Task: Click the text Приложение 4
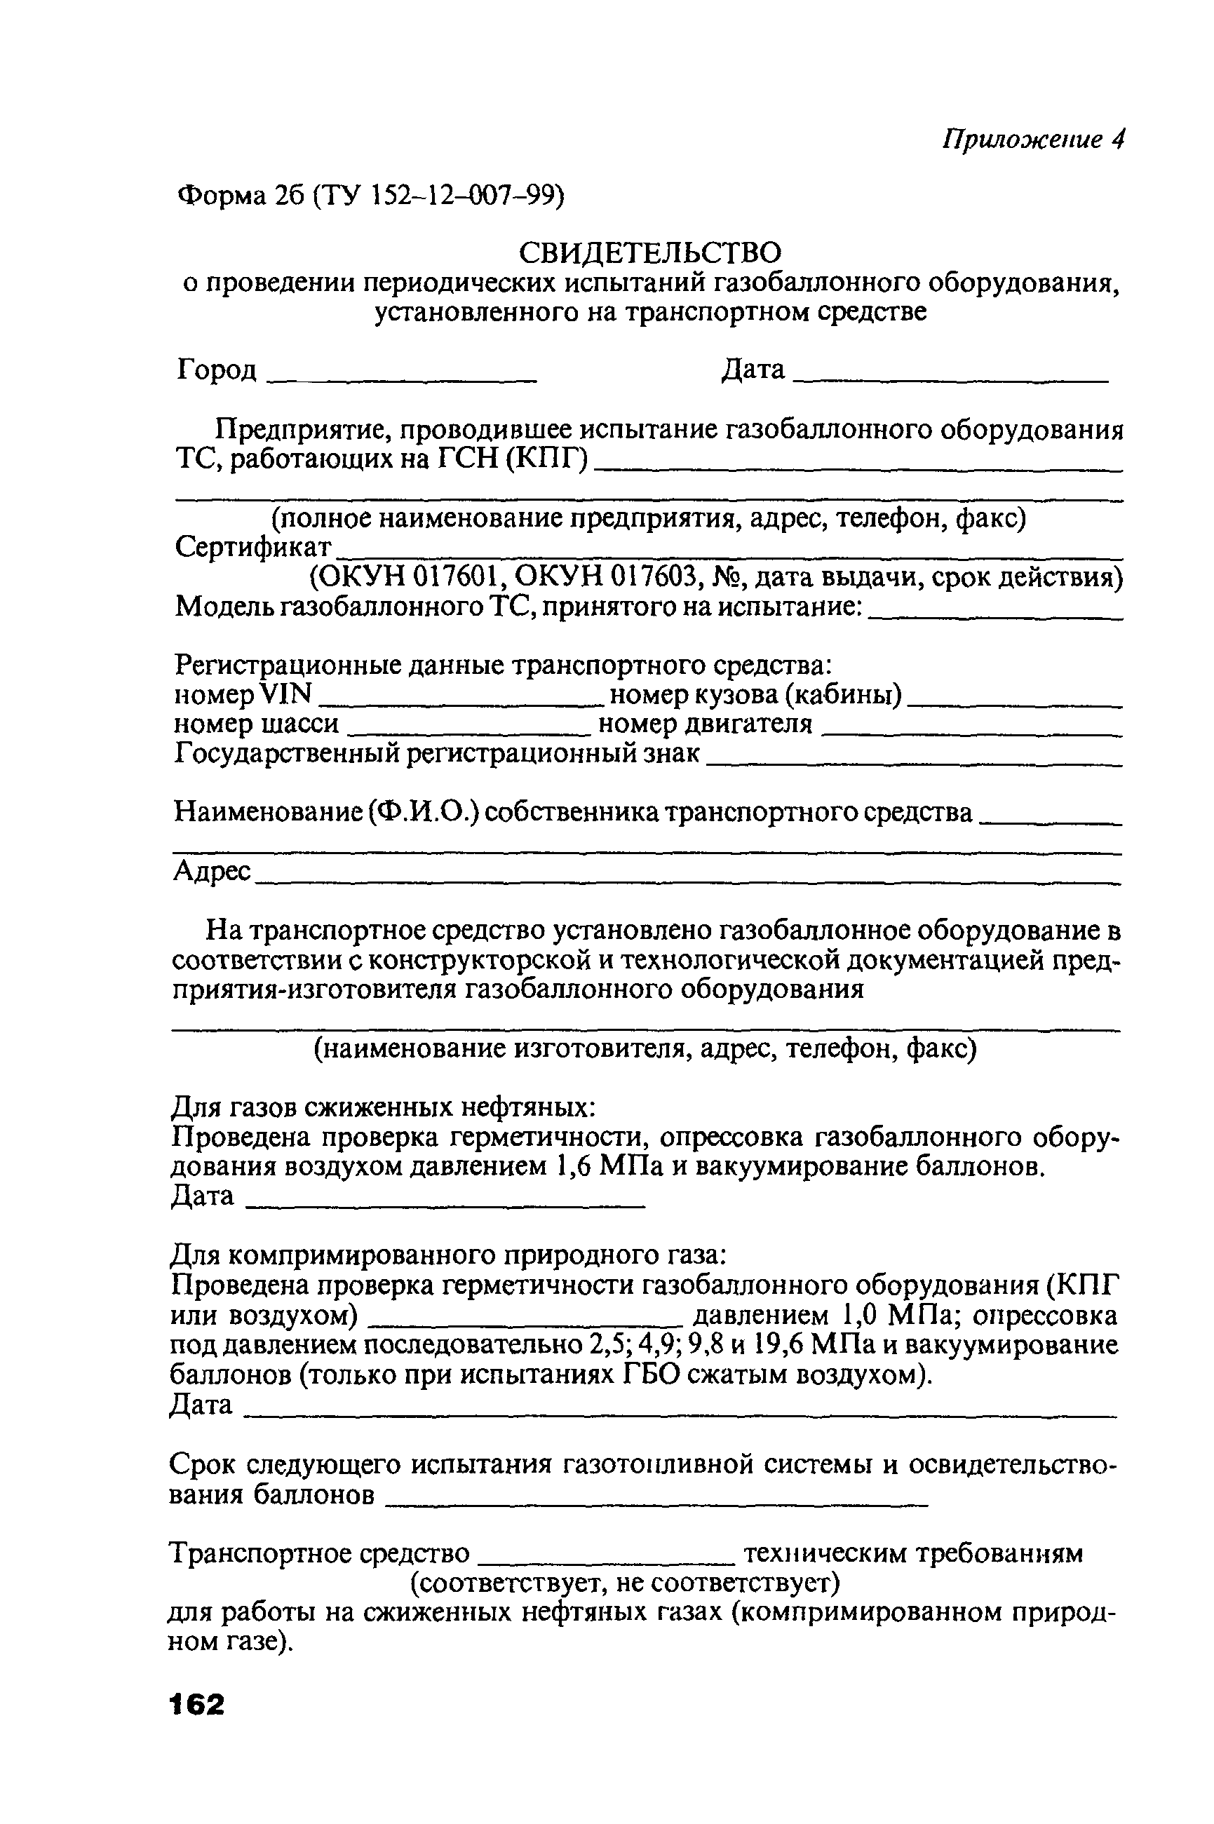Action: point(1033,140)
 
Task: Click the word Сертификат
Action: point(253,548)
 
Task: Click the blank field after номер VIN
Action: point(461,700)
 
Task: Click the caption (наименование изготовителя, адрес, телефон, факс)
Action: point(644,1049)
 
